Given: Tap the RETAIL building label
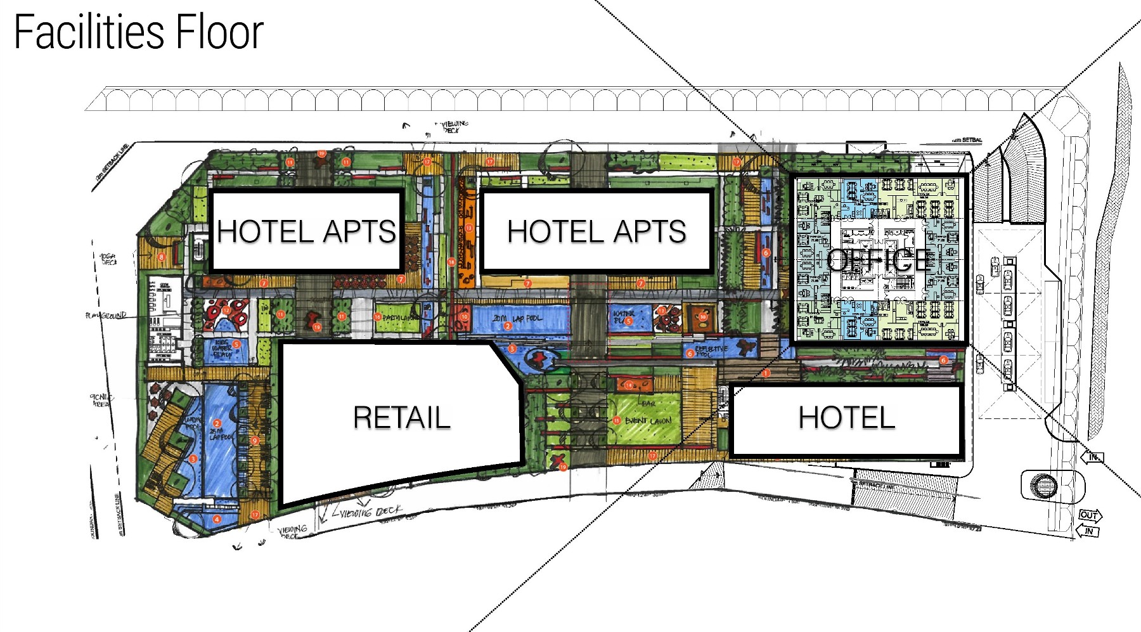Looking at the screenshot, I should click(x=402, y=417).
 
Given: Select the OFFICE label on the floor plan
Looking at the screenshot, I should click(x=879, y=260).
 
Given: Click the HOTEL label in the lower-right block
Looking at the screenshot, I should click(x=846, y=417).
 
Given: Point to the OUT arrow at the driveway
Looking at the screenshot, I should click(x=1090, y=515).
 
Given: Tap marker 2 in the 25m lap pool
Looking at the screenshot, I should click(x=217, y=423).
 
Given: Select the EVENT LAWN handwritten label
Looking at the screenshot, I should click(x=648, y=420).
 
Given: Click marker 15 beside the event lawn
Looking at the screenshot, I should click(x=616, y=420).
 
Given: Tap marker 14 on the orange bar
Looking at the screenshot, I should click(x=629, y=385).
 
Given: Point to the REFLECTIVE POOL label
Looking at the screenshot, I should click(x=711, y=351).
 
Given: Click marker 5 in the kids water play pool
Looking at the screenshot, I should click(x=236, y=344).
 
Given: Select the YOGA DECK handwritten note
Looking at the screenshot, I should click(x=108, y=259).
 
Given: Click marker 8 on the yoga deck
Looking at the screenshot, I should click(x=162, y=257).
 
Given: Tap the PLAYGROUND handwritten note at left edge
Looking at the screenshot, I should click(x=106, y=315).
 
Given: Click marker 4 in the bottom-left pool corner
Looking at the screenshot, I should click(x=217, y=519).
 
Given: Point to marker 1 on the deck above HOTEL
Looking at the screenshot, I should click(x=766, y=373).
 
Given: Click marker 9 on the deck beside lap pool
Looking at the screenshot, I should click(x=255, y=441).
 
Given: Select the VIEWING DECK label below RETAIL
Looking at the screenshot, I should click(x=371, y=511).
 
